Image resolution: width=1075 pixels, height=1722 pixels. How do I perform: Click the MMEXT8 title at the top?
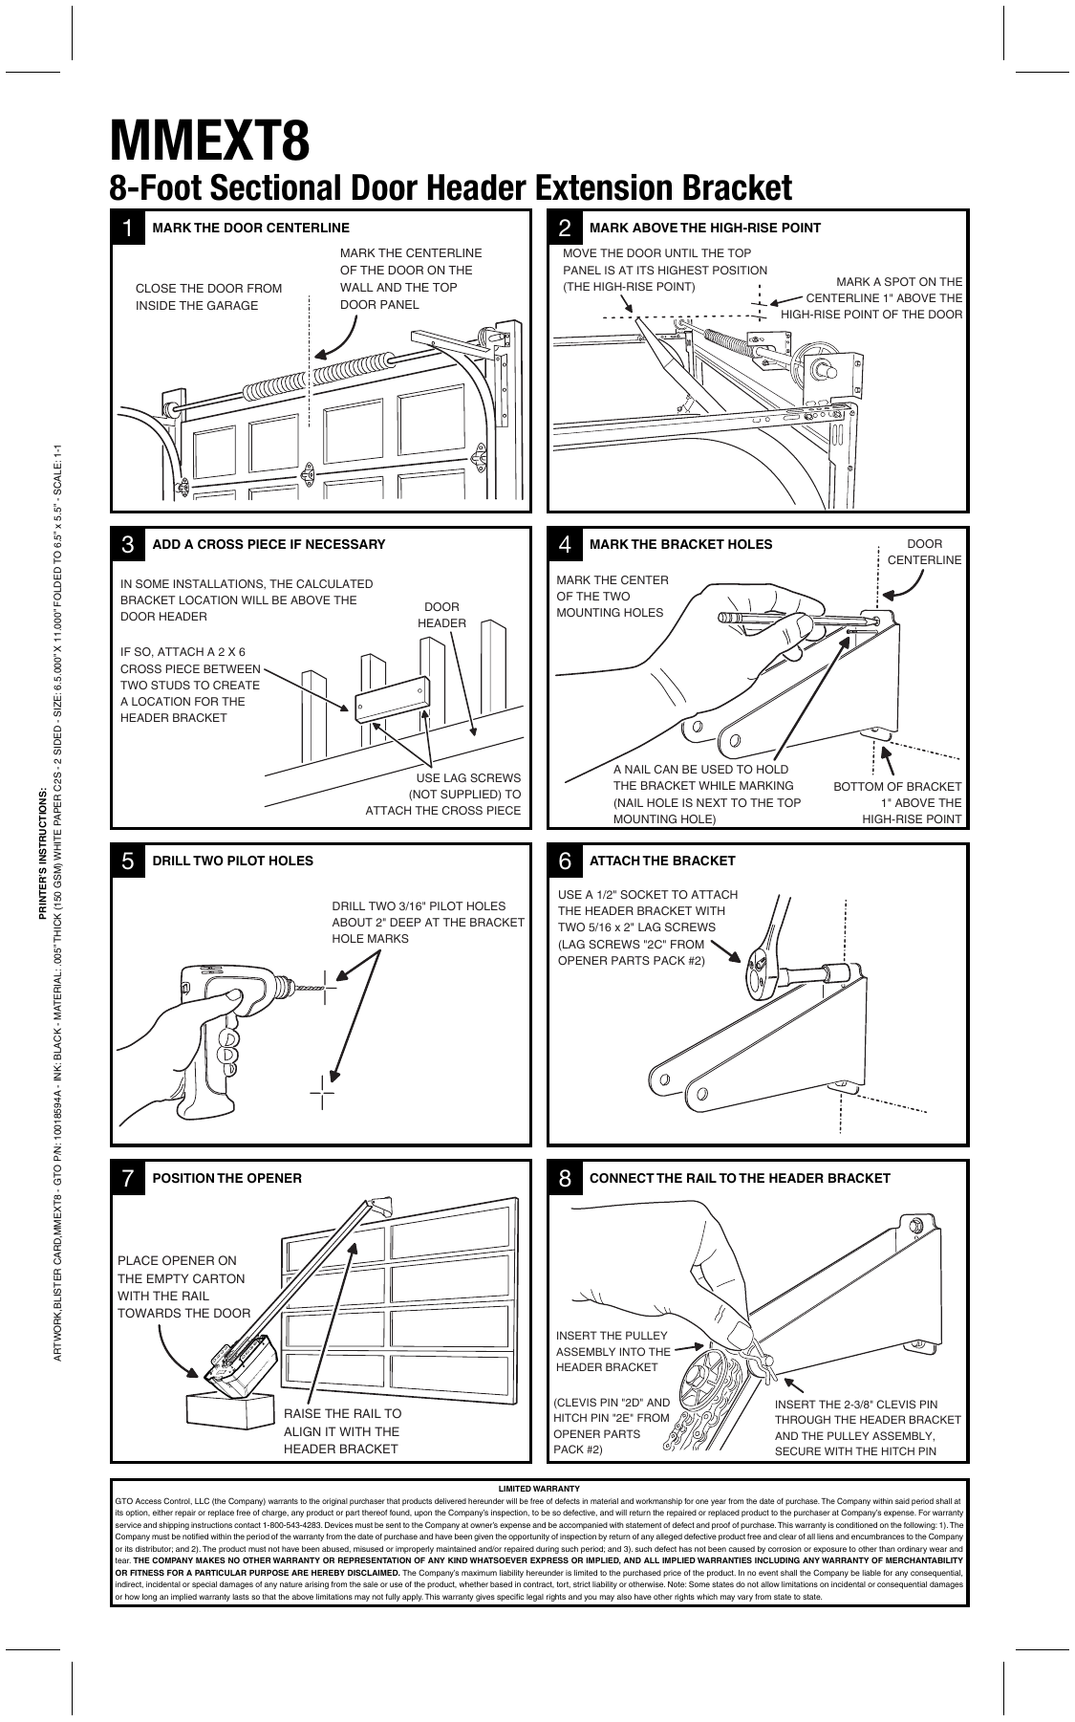(210, 141)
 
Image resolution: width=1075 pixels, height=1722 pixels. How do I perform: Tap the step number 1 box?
(128, 228)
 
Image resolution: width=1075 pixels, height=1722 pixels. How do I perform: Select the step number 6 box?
(565, 861)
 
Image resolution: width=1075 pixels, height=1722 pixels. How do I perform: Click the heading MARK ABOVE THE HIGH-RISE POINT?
(705, 228)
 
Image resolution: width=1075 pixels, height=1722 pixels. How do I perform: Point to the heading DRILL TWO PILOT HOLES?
(232, 861)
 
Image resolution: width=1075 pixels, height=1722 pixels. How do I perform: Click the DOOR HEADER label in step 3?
(441, 615)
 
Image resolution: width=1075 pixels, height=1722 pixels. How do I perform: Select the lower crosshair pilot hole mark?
(322, 1090)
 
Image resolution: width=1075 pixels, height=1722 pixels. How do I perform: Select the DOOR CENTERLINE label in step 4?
(924, 552)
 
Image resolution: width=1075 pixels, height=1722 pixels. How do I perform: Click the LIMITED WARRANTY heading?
(539, 1489)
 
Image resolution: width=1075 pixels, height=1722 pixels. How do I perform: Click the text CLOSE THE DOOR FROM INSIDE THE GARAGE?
(208, 296)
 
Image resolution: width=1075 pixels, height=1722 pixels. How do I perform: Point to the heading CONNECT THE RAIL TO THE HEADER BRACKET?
(740, 1178)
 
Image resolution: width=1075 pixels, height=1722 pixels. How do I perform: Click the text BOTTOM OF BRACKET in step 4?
(897, 786)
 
